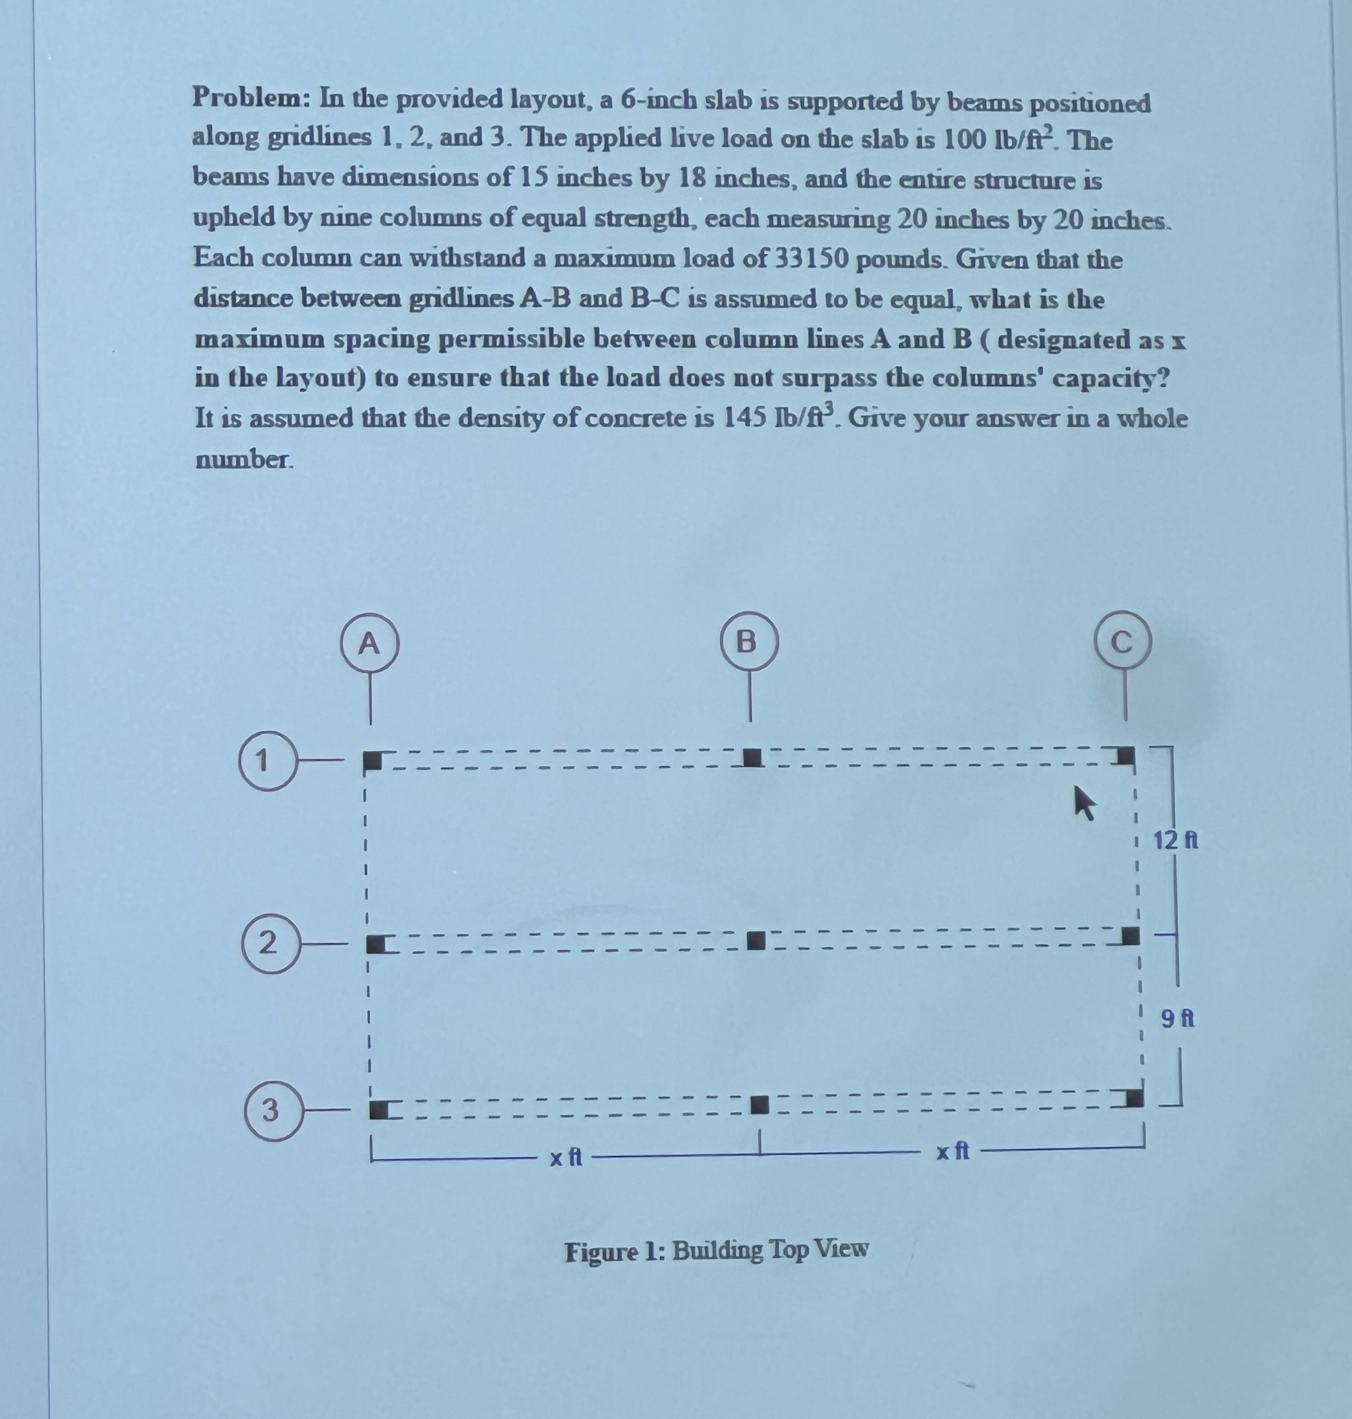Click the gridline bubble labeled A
(370, 643)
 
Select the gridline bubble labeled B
(749, 640)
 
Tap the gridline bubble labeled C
(1123, 642)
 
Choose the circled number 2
(269, 943)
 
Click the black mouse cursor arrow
(1084, 802)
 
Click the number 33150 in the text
(811, 260)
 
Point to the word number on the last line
(243, 459)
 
